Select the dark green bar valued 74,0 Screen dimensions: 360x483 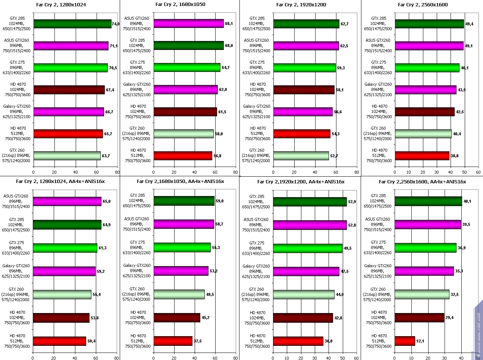(72, 24)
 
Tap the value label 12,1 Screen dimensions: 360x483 (421, 341)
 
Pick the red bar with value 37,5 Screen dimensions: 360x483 (173, 341)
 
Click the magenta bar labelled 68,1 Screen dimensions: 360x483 (189, 23)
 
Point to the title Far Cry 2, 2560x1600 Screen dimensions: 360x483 (423, 5)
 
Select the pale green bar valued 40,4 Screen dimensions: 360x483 (423, 134)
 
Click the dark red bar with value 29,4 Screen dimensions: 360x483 (419, 318)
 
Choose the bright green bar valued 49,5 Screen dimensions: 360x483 (308, 248)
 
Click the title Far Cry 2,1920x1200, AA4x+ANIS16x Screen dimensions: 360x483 (301, 181)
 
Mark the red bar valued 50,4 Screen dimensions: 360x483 (59, 341)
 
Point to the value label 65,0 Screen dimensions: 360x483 (106, 201)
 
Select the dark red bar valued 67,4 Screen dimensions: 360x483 (69, 90)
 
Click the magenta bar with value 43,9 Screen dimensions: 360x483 (426, 90)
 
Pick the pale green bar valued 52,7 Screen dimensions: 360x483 (301, 156)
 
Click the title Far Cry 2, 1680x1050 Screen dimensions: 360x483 (180, 5)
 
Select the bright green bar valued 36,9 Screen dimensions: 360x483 (426, 247)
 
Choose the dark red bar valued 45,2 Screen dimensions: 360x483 (177, 318)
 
